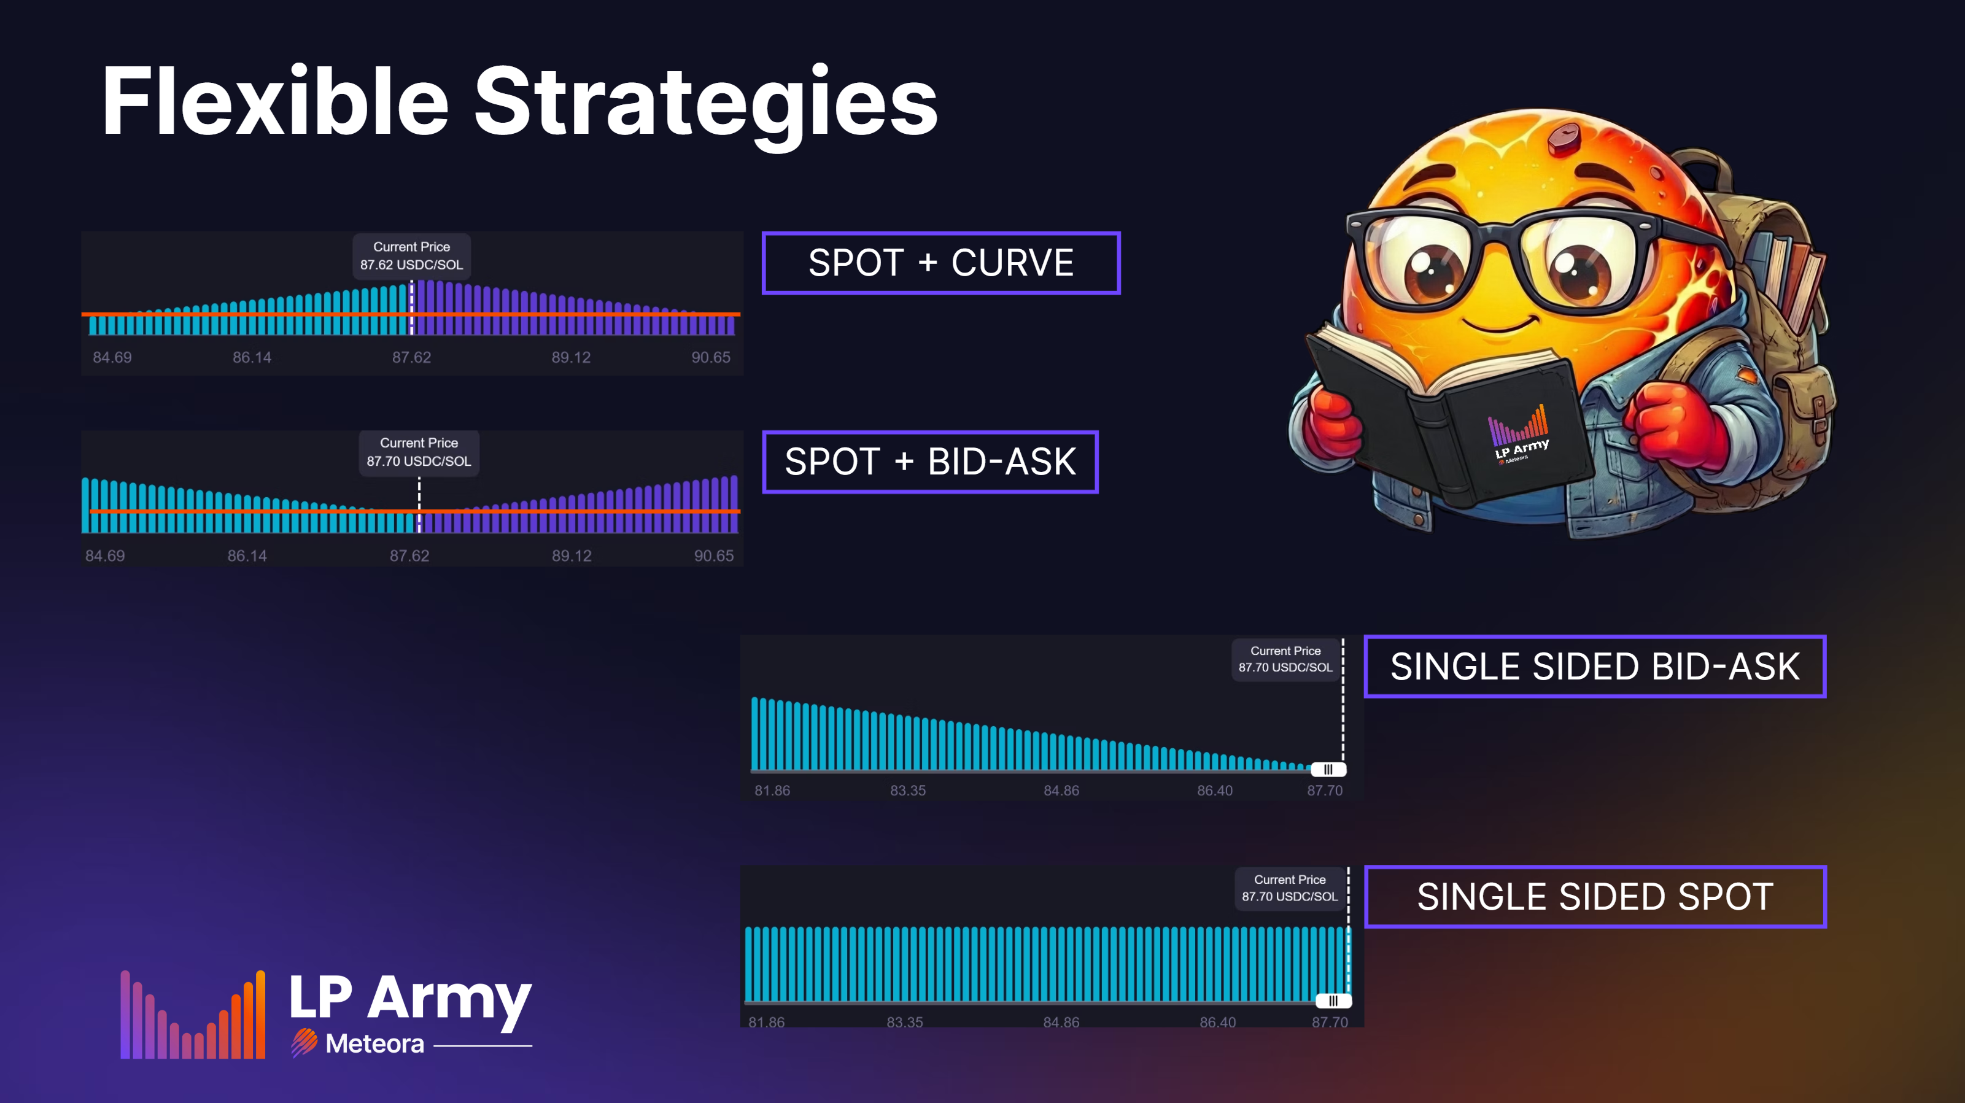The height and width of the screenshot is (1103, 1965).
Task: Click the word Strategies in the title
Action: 705,103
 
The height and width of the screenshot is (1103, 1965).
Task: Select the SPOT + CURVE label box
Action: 940,263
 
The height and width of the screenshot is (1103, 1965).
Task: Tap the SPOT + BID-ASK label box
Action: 930,462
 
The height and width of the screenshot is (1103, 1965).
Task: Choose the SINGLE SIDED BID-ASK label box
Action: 1594,667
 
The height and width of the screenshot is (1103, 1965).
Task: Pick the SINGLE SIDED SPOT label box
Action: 1594,897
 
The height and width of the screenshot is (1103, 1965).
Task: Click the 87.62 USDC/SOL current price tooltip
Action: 411,255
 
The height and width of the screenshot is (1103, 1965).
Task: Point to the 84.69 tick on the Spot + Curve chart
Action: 112,357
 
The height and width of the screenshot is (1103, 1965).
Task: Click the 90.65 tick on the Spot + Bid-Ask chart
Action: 713,556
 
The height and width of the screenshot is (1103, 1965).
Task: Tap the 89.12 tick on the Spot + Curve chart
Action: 570,357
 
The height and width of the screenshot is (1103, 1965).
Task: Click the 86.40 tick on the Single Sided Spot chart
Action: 1217,1021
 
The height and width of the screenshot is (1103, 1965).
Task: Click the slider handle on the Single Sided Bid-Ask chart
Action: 1328,769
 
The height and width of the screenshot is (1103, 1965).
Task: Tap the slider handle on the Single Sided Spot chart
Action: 1333,1000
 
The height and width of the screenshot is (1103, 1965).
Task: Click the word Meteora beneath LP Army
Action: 374,1043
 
